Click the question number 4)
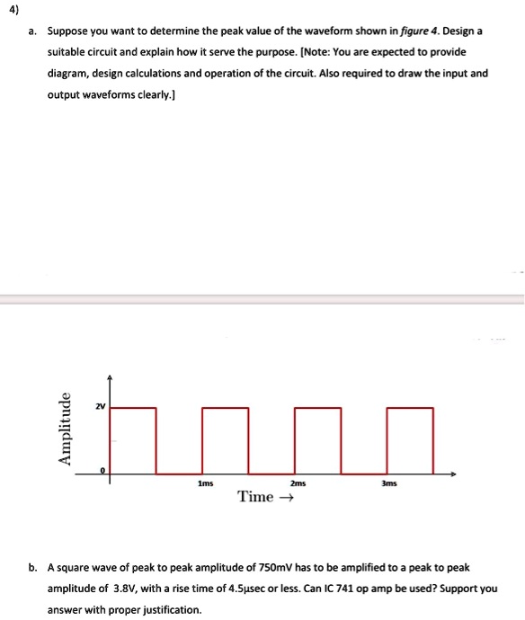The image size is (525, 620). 12,10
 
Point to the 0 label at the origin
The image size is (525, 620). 102,472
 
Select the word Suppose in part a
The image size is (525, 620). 69,30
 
